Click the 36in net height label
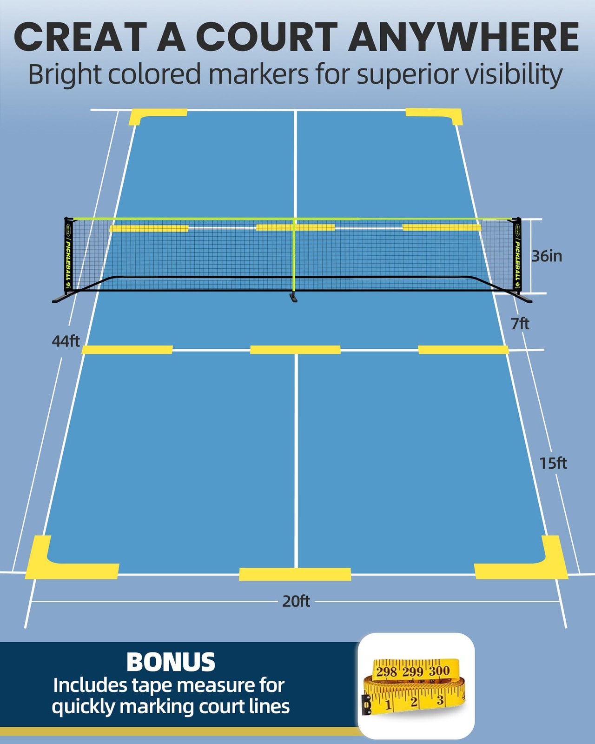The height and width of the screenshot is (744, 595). (x=547, y=256)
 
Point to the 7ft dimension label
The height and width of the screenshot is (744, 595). (x=520, y=324)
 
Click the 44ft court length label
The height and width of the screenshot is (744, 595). (x=66, y=341)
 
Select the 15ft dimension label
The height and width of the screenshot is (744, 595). (x=553, y=464)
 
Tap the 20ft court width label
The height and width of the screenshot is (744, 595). (x=296, y=602)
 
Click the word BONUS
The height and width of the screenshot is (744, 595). (x=171, y=662)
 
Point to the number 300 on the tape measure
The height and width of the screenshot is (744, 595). (x=439, y=671)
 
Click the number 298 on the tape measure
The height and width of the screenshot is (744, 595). (x=387, y=672)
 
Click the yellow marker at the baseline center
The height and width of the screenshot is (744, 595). (x=295, y=574)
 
